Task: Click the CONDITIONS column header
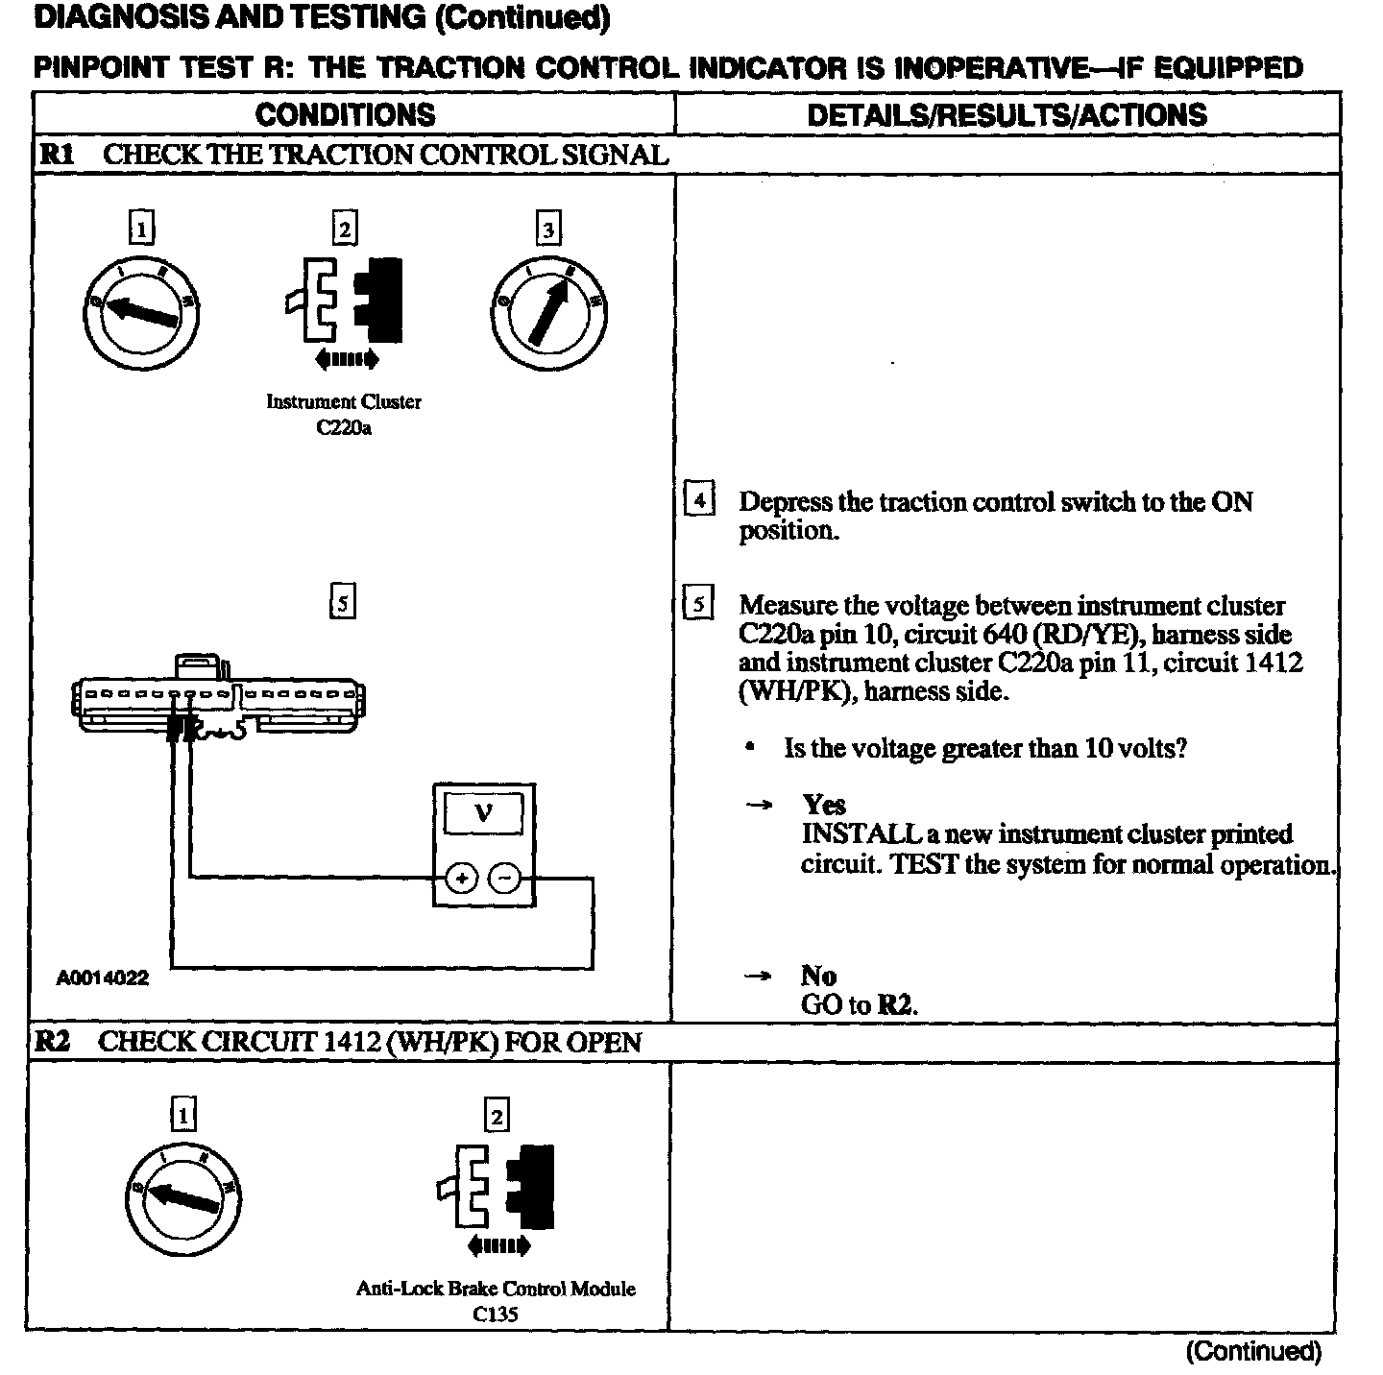tap(345, 115)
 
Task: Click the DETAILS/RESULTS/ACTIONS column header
tap(1007, 115)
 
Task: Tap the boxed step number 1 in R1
tap(141, 229)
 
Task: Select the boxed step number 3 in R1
tap(547, 229)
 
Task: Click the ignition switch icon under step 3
tap(549, 312)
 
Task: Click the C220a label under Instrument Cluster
tap(343, 428)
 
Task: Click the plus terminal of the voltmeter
tap(462, 878)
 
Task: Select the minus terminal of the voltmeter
tap(505, 878)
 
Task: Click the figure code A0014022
tap(102, 978)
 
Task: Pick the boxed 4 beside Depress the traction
tap(699, 501)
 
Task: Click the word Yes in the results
tap(824, 805)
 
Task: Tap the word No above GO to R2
tap(818, 976)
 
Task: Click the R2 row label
tap(54, 1042)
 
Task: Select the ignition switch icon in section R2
tap(182, 1198)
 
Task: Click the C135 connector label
tap(496, 1314)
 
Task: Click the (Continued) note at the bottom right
tap(1253, 1352)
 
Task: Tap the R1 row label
tap(56, 155)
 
